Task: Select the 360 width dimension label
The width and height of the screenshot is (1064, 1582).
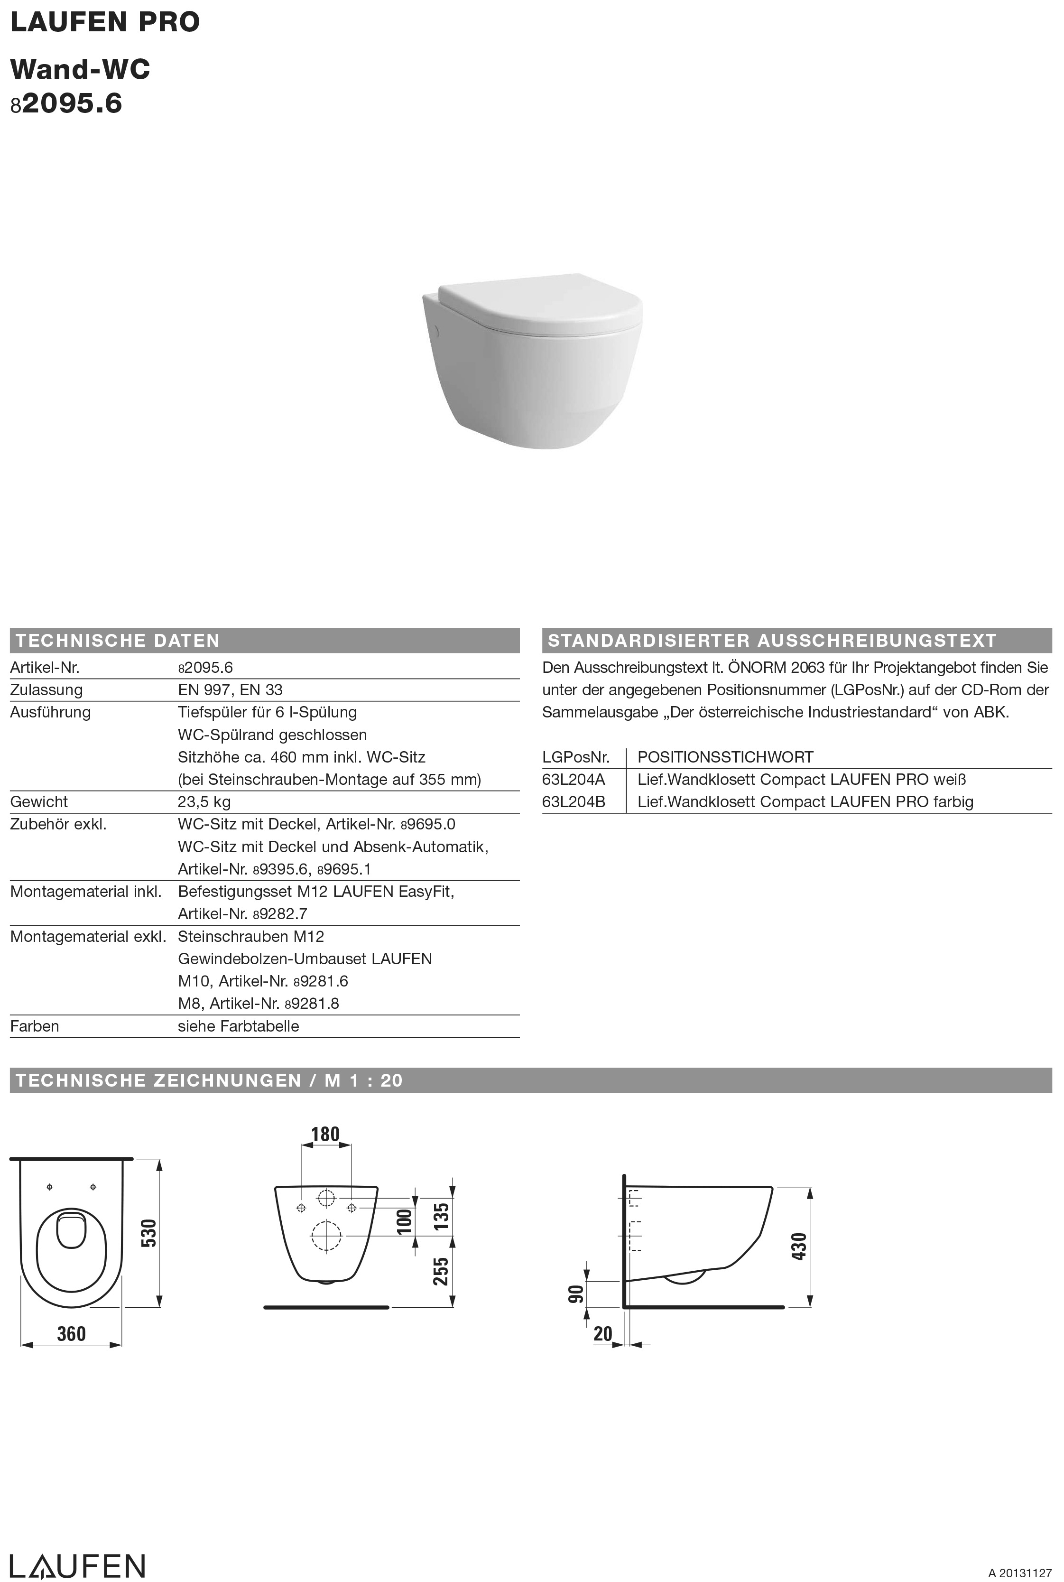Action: point(71,1334)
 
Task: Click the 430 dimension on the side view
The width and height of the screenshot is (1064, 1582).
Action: point(799,1246)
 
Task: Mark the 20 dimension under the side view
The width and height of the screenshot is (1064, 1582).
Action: point(602,1334)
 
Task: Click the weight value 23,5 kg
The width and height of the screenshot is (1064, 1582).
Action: point(204,801)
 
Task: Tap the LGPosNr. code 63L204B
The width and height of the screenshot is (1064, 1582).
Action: point(574,801)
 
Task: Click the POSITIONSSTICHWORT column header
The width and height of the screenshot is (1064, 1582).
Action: point(725,757)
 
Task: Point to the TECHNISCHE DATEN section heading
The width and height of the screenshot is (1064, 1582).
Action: point(118,640)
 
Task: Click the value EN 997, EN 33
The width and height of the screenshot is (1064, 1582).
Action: point(230,689)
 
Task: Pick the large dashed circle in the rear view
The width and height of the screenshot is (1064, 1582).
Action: point(326,1235)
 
